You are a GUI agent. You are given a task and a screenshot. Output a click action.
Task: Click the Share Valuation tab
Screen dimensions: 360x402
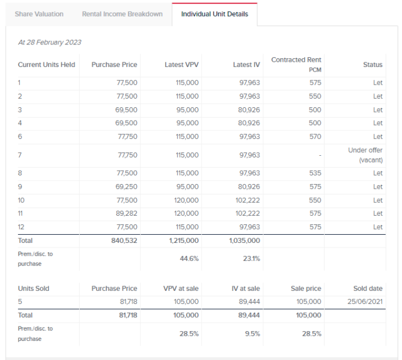pos(40,14)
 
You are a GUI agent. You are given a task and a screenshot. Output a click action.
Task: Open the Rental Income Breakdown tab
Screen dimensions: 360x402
pos(122,14)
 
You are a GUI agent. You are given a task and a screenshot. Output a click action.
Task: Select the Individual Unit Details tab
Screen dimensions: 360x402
pos(214,14)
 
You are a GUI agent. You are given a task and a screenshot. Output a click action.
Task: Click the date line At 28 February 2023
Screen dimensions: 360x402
pos(50,42)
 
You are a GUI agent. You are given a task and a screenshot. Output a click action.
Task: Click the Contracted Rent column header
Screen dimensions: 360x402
pos(296,60)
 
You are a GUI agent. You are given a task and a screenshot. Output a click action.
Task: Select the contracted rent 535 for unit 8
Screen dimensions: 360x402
pos(315,173)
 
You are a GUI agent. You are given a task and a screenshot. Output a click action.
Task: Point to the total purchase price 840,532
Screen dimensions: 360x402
pos(124,241)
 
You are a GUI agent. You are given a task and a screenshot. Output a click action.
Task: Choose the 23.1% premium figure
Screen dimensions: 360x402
pos(250,258)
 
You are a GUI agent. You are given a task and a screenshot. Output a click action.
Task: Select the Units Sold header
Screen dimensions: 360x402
pos(33,288)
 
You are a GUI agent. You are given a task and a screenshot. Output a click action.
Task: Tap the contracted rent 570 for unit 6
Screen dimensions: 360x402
pos(315,137)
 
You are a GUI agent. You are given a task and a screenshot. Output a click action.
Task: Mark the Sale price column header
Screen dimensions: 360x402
pos(306,288)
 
